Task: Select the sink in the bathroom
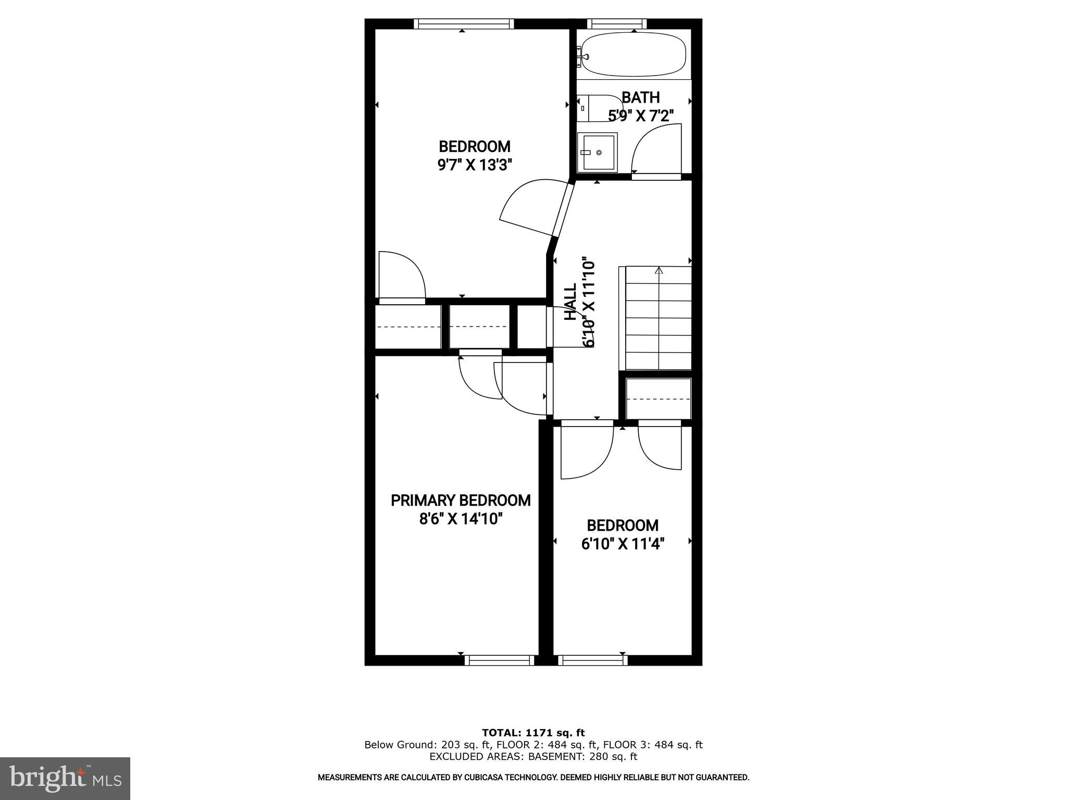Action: (598, 152)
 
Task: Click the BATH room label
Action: (640, 97)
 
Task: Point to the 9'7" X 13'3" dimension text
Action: (475, 165)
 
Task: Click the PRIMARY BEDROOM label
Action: (461, 501)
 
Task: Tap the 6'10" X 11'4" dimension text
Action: (623, 544)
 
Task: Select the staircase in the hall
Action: (658, 318)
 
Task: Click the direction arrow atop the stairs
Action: (659, 271)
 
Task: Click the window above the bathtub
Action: (617, 23)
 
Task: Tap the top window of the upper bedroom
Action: (464, 23)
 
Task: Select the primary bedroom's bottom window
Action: (500, 660)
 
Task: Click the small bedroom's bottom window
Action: (593, 660)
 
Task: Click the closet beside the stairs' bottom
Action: (659, 398)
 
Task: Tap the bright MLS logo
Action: (65, 779)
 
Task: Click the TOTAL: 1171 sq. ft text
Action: (533, 733)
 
